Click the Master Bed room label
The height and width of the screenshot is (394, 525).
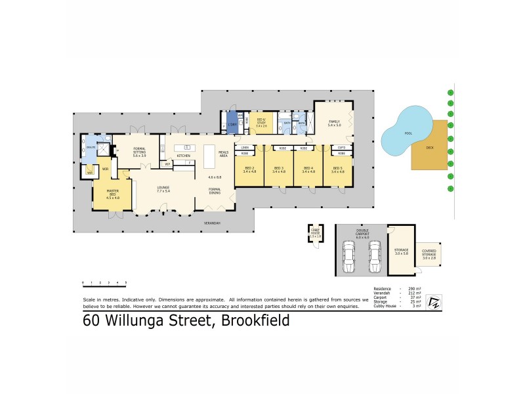(112, 196)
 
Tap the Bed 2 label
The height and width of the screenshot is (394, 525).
(249, 169)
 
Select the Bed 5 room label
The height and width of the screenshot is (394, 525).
(337, 169)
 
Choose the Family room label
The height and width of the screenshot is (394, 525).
(335, 122)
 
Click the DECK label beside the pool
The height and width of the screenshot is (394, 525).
(430, 148)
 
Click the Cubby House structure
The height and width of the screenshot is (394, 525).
(315, 234)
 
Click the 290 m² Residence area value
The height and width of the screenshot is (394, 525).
(414, 288)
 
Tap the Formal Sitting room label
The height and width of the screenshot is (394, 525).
(138, 150)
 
